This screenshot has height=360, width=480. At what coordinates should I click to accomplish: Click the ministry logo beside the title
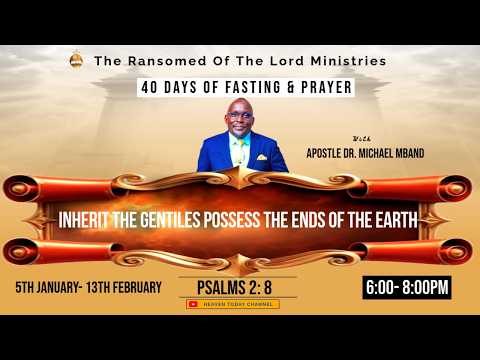click(x=76, y=61)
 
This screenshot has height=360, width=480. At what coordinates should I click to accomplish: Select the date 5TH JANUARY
click(x=50, y=288)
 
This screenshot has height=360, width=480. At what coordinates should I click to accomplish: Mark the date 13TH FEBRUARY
click(x=128, y=288)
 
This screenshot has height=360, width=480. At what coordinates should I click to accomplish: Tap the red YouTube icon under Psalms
click(x=194, y=303)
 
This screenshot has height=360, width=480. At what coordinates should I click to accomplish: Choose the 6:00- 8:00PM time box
click(x=405, y=288)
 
